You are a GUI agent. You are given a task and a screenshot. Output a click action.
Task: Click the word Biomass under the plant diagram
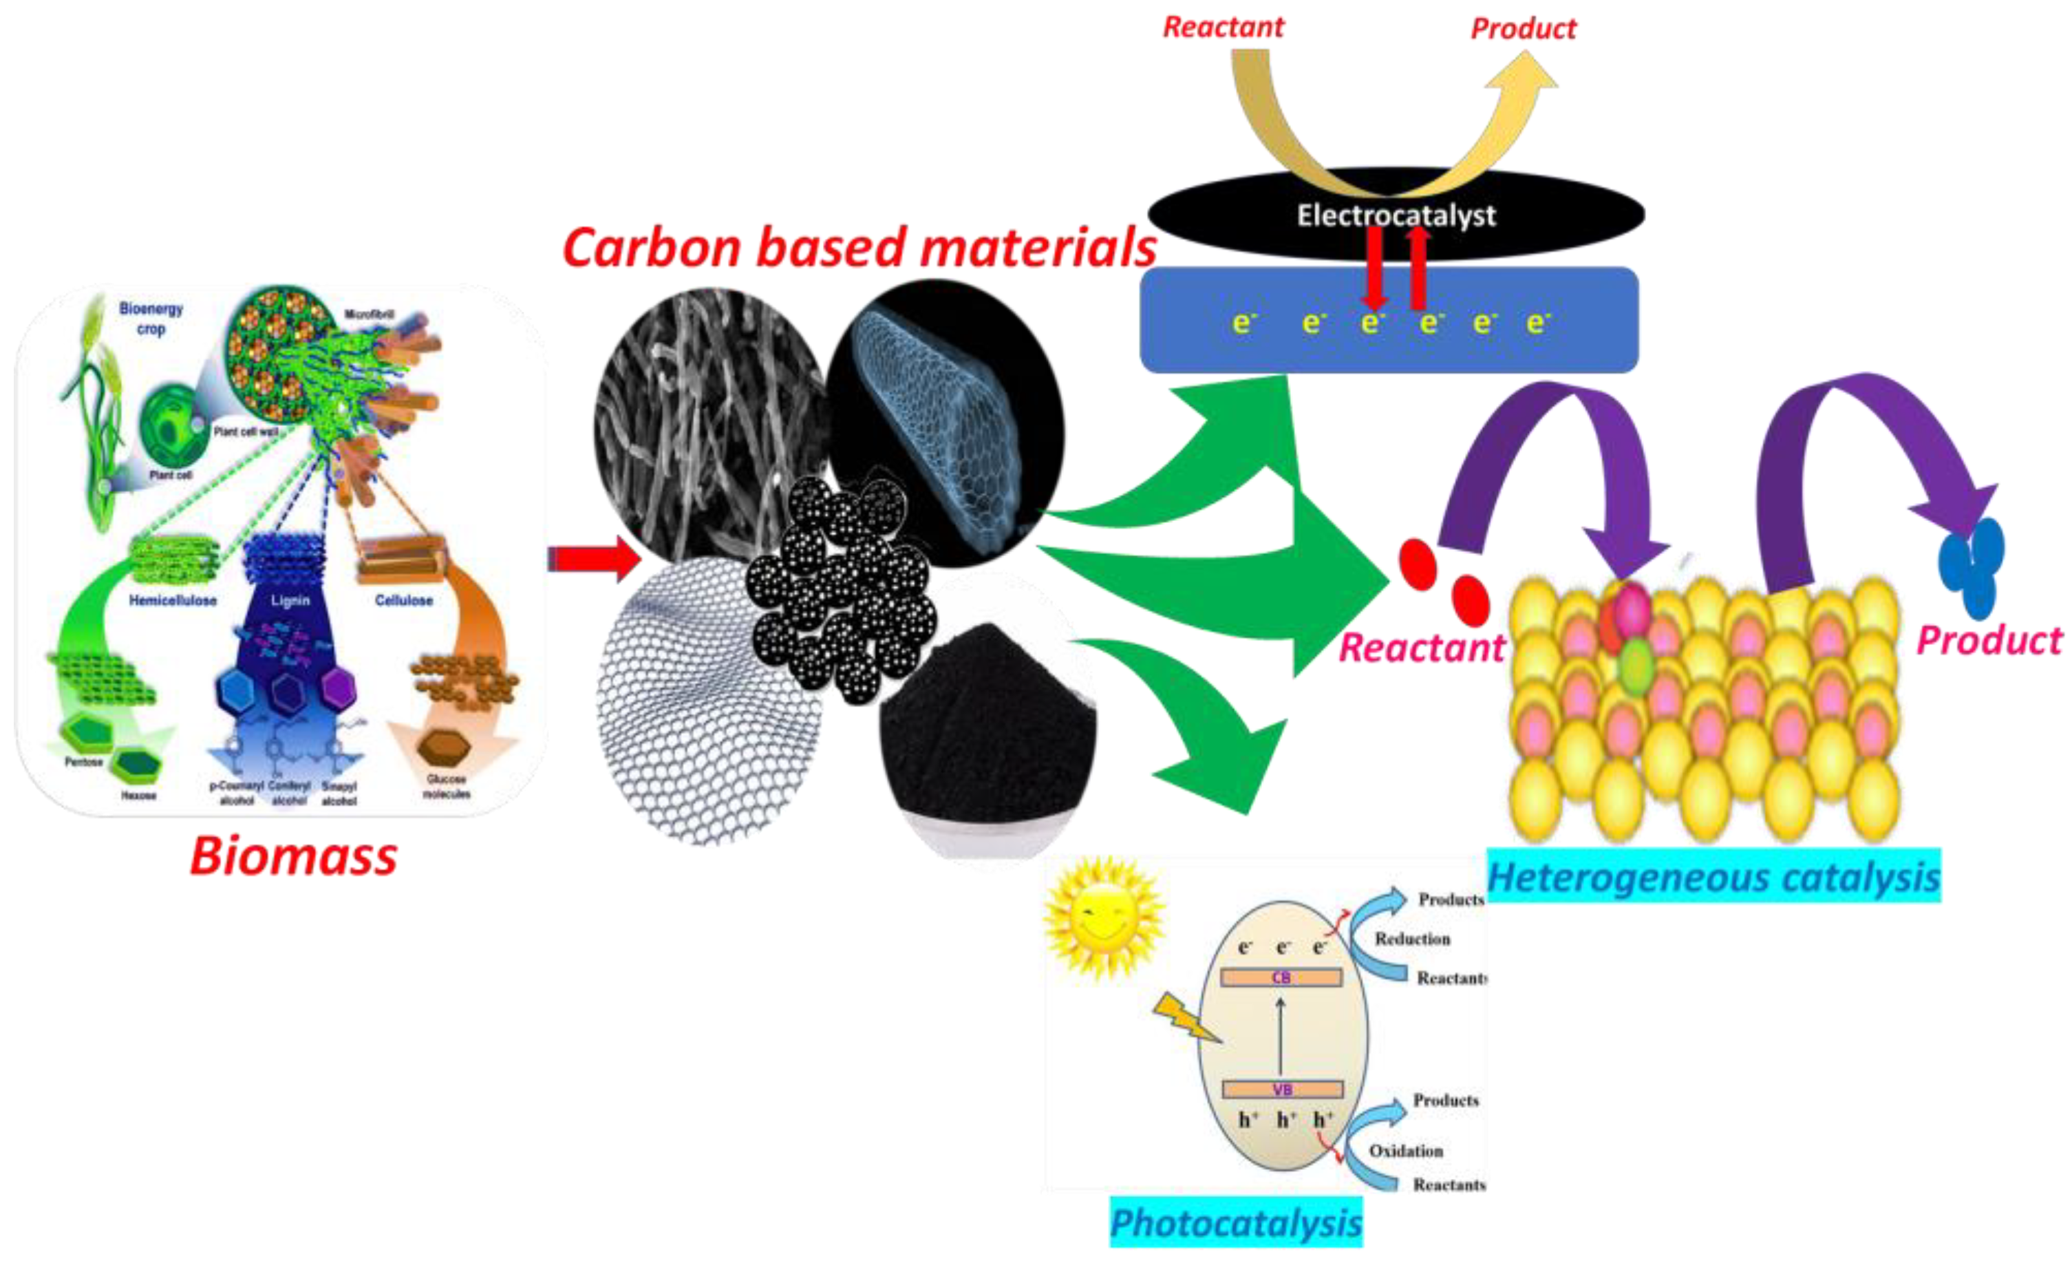point(292,856)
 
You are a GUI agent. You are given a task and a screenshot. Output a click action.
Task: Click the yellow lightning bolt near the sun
point(1186,1018)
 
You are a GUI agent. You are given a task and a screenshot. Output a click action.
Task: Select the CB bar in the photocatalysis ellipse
point(1281,977)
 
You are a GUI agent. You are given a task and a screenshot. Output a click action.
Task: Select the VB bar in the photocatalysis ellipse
point(1281,1089)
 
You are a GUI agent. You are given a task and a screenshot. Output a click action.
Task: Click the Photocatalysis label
point(1235,1222)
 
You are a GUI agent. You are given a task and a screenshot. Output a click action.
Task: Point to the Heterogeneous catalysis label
point(1713,878)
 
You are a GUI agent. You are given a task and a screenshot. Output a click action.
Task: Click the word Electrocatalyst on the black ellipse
point(1396,215)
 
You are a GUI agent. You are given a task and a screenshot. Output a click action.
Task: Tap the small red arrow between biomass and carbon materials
point(594,558)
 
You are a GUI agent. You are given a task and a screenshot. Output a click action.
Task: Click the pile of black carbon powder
point(988,723)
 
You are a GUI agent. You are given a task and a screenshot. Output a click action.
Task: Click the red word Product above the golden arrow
point(1523,30)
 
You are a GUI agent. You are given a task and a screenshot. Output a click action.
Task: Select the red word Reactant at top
point(1223,28)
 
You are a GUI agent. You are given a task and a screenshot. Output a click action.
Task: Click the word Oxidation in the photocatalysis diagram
point(1405,1151)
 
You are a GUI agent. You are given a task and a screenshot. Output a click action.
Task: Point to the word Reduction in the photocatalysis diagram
point(1412,939)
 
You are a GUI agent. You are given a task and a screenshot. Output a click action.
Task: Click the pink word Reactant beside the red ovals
point(1421,648)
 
